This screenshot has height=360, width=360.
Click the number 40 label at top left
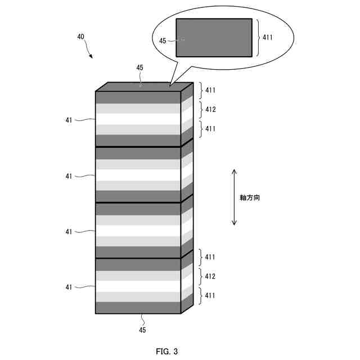tap(81, 37)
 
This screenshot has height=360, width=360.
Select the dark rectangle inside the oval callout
tap(214, 38)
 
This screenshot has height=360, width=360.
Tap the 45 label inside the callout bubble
tap(163, 40)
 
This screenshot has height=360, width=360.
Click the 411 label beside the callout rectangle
tap(268, 37)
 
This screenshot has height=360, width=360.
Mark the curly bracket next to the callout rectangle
tap(258, 37)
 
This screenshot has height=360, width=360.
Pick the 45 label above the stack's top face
tap(140, 67)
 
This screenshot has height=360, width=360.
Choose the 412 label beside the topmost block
tap(210, 109)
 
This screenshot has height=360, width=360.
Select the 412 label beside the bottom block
tap(210, 276)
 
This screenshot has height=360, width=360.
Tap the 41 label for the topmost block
tap(69, 119)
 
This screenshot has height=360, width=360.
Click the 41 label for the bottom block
tap(69, 287)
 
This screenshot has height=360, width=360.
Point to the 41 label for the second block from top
tap(69, 176)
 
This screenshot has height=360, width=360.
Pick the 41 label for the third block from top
tap(69, 231)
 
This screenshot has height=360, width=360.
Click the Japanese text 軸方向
tap(249, 198)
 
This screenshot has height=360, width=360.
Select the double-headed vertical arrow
tap(235, 197)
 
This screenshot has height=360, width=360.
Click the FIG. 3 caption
tap(166, 352)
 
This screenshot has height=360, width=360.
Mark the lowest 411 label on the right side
tap(210, 295)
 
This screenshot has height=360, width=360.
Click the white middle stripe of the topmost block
tap(138, 119)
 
